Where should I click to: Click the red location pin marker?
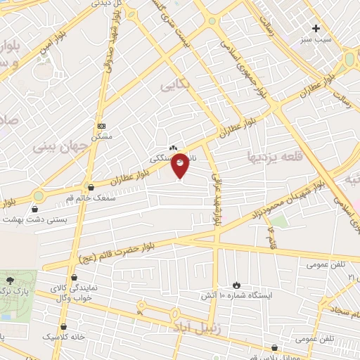(180, 166)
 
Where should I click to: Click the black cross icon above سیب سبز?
(316, 29)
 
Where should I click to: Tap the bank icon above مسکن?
(102, 126)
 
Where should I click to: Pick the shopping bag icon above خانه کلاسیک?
(65, 326)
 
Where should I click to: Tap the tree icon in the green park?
(9, 281)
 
